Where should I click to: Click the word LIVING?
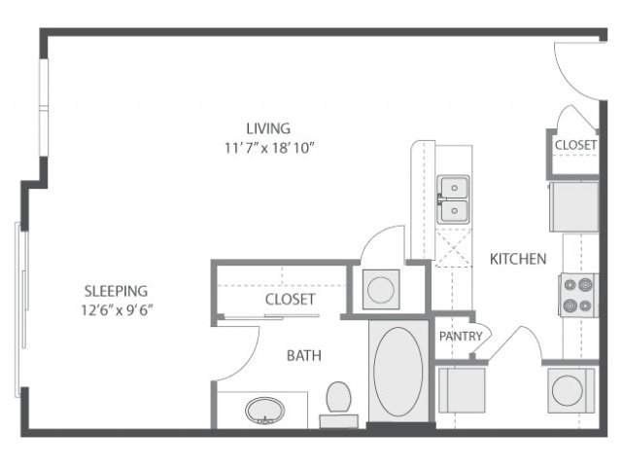[x=267, y=127]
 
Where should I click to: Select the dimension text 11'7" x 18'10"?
[x=267, y=147]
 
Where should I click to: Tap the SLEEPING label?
[x=116, y=290]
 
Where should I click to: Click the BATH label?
[x=303, y=356]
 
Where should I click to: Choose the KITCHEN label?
[x=517, y=259]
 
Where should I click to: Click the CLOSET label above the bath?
[x=290, y=300]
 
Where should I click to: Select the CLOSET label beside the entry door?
[x=575, y=145]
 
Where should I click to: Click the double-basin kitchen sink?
[x=453, y=198]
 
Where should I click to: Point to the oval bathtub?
[x=397, y=372]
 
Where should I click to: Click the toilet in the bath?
[x=338, y=400]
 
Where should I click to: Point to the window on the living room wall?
[x=42, y=107]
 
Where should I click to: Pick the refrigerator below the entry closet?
[x=573, y=206]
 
